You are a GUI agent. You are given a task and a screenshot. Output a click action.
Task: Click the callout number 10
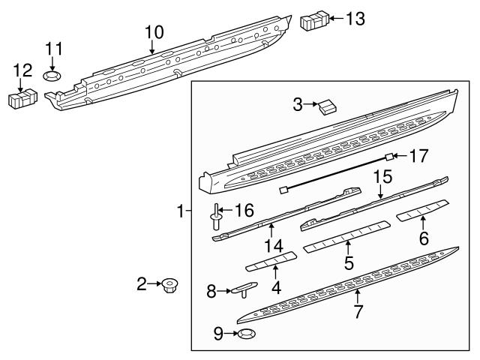[154, 31]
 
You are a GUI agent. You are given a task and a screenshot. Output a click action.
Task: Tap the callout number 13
[355, 18]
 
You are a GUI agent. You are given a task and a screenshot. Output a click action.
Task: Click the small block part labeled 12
[22, 97]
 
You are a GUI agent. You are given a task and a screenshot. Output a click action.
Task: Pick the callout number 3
[297, 104]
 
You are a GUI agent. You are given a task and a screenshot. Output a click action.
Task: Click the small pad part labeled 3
[326, 108]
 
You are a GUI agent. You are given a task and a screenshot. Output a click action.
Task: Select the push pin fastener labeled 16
[215, 218]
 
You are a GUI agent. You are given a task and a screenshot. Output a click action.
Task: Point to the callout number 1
[179, 212]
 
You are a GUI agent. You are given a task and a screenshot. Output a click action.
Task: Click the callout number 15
[382, 178]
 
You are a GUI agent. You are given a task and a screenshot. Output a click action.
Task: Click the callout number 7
[358, 311]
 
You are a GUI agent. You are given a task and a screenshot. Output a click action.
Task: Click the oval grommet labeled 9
[246, 334]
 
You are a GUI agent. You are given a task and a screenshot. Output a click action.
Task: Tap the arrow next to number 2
[155, 284]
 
